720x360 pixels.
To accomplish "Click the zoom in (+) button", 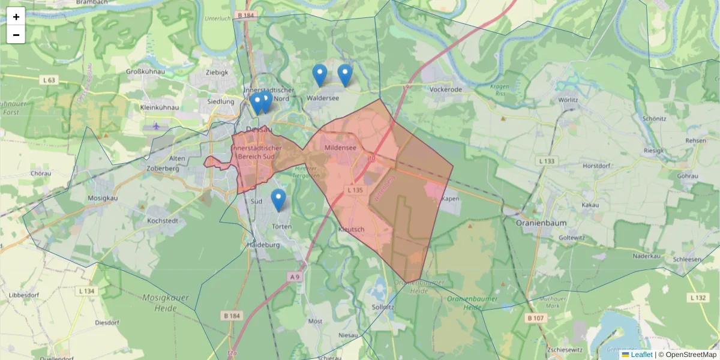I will click(16, 17).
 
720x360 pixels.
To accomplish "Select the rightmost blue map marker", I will click(344, 75).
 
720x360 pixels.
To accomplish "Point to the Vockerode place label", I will click(446, 89).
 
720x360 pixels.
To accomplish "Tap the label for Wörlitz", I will click(568, 100).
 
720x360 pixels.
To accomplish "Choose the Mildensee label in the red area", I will click(341, 148).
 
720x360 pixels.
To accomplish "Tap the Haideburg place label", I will click(263, 245).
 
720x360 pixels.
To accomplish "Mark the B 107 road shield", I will click(535, 317).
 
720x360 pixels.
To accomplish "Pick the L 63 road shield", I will click(49, 80).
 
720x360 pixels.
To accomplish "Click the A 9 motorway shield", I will click(294, 277).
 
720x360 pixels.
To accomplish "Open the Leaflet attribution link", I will click(641, 355).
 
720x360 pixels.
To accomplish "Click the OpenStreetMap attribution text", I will click(691, 355).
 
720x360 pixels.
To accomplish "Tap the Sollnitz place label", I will click(383, 307).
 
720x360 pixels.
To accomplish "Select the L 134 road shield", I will click(87, 291).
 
